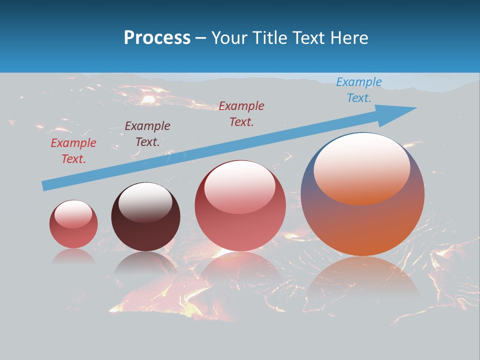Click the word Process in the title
pyautogui.click(x=157, y=38)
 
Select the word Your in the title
pyautogui.click(x=229, y=38)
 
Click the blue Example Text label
pyautogui.click(x=358, y=90)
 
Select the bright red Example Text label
pyautogui.click(x=73, y=151)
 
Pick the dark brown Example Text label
pyautogui.click(x=147, y=134)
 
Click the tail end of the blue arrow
pyautogui.click(x=46, y=185)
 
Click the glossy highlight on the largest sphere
pyautogui.click(x=361, y=167)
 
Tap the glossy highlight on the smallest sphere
pyautogui.click(x=73, y=214)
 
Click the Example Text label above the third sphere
pyautogui.click(x=241, y=114)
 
